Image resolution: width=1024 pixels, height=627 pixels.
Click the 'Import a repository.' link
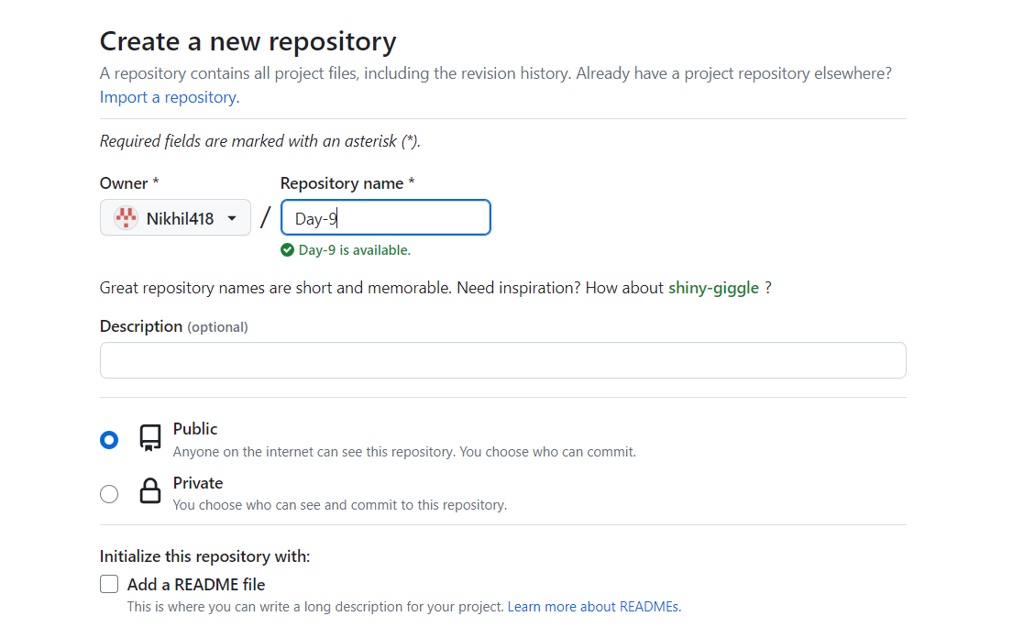pyautogui.click(x=170, y=97)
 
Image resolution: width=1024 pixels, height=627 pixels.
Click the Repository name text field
pyautogui.click(x=385, y=217)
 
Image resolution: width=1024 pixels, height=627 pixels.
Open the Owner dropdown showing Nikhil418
pyautogui.click(x=175, y=217)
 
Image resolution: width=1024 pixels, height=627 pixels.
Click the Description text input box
pyautogui.click(x=503, y=360)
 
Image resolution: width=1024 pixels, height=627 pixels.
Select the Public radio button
pyautogui.click(x=109, y=440)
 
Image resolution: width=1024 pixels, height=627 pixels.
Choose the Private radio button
pyautogui.click(x=109, y=494)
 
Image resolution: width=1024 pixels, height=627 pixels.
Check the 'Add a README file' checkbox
pyautogui.click(x=109, y=584)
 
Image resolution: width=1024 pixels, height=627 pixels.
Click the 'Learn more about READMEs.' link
pyautogui.click(x=594, y=607)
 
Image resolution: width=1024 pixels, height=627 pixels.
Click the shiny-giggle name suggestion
pyautogui.click(x=713, y=288)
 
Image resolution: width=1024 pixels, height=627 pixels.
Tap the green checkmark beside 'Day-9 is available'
pyautogui.click(x=287, y=250)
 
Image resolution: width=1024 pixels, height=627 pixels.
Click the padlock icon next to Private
pyautogui.click(x=150, y=490)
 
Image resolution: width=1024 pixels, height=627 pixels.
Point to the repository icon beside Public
pyautogui.click(x=150, y=437)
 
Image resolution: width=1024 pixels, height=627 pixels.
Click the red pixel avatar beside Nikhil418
pyautogui.click(x=126, y=217)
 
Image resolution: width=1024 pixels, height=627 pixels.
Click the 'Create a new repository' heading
pyautogui.click(x=248, y=41)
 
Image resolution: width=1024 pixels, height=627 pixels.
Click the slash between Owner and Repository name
pyautogui.click(x=265, y=217)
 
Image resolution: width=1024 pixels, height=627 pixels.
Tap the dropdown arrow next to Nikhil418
pyautogui.click(x=232, y=218)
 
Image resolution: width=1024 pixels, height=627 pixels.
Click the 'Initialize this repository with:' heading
pyautogui.click(x=205, y=556)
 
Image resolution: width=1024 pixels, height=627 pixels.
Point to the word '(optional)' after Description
pyautogui.click(x=217, y=327)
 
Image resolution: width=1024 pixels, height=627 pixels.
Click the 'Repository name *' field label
pyautogui.click(x=347, y=183)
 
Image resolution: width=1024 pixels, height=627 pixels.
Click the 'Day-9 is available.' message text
pyautogui.click(x=355, y=250)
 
